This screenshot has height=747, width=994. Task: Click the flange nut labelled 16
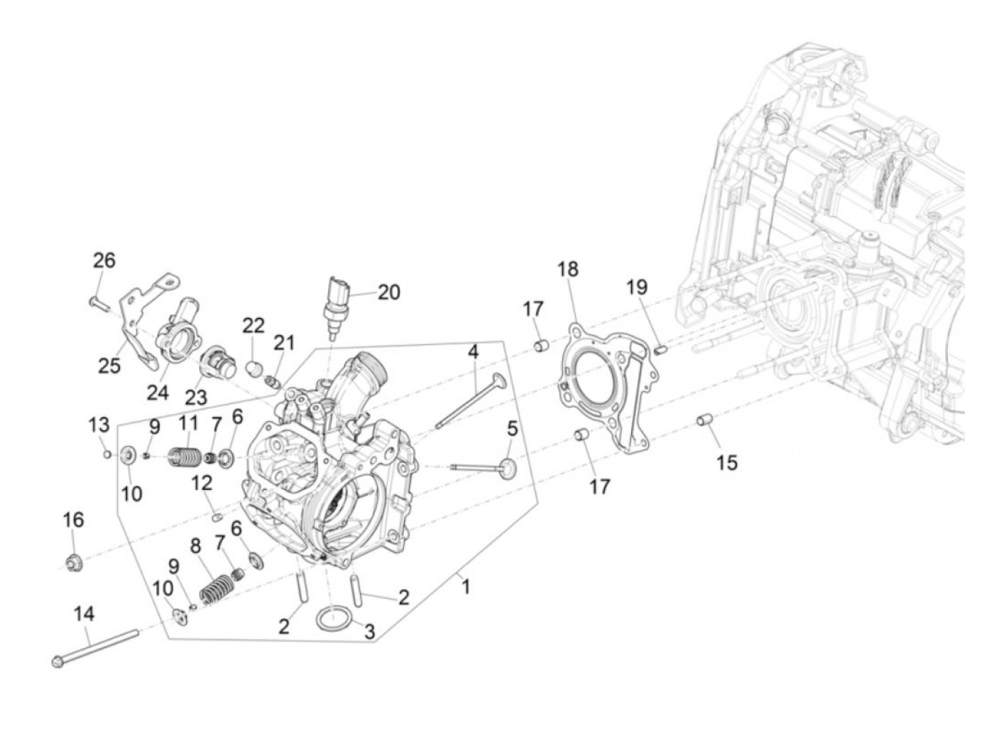[x=74, y=564]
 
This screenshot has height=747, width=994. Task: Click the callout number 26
[x=104, y=261]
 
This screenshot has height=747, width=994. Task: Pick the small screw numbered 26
[x=98, y=303]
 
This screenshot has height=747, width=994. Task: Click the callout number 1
[x=466, y=587]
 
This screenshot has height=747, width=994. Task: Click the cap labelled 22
[x=253, y=368]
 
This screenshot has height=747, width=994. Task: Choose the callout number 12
[x=202, y=484]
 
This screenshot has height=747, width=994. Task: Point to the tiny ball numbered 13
[x=106, y=455]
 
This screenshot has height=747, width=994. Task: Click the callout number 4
[x=472, y=351]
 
